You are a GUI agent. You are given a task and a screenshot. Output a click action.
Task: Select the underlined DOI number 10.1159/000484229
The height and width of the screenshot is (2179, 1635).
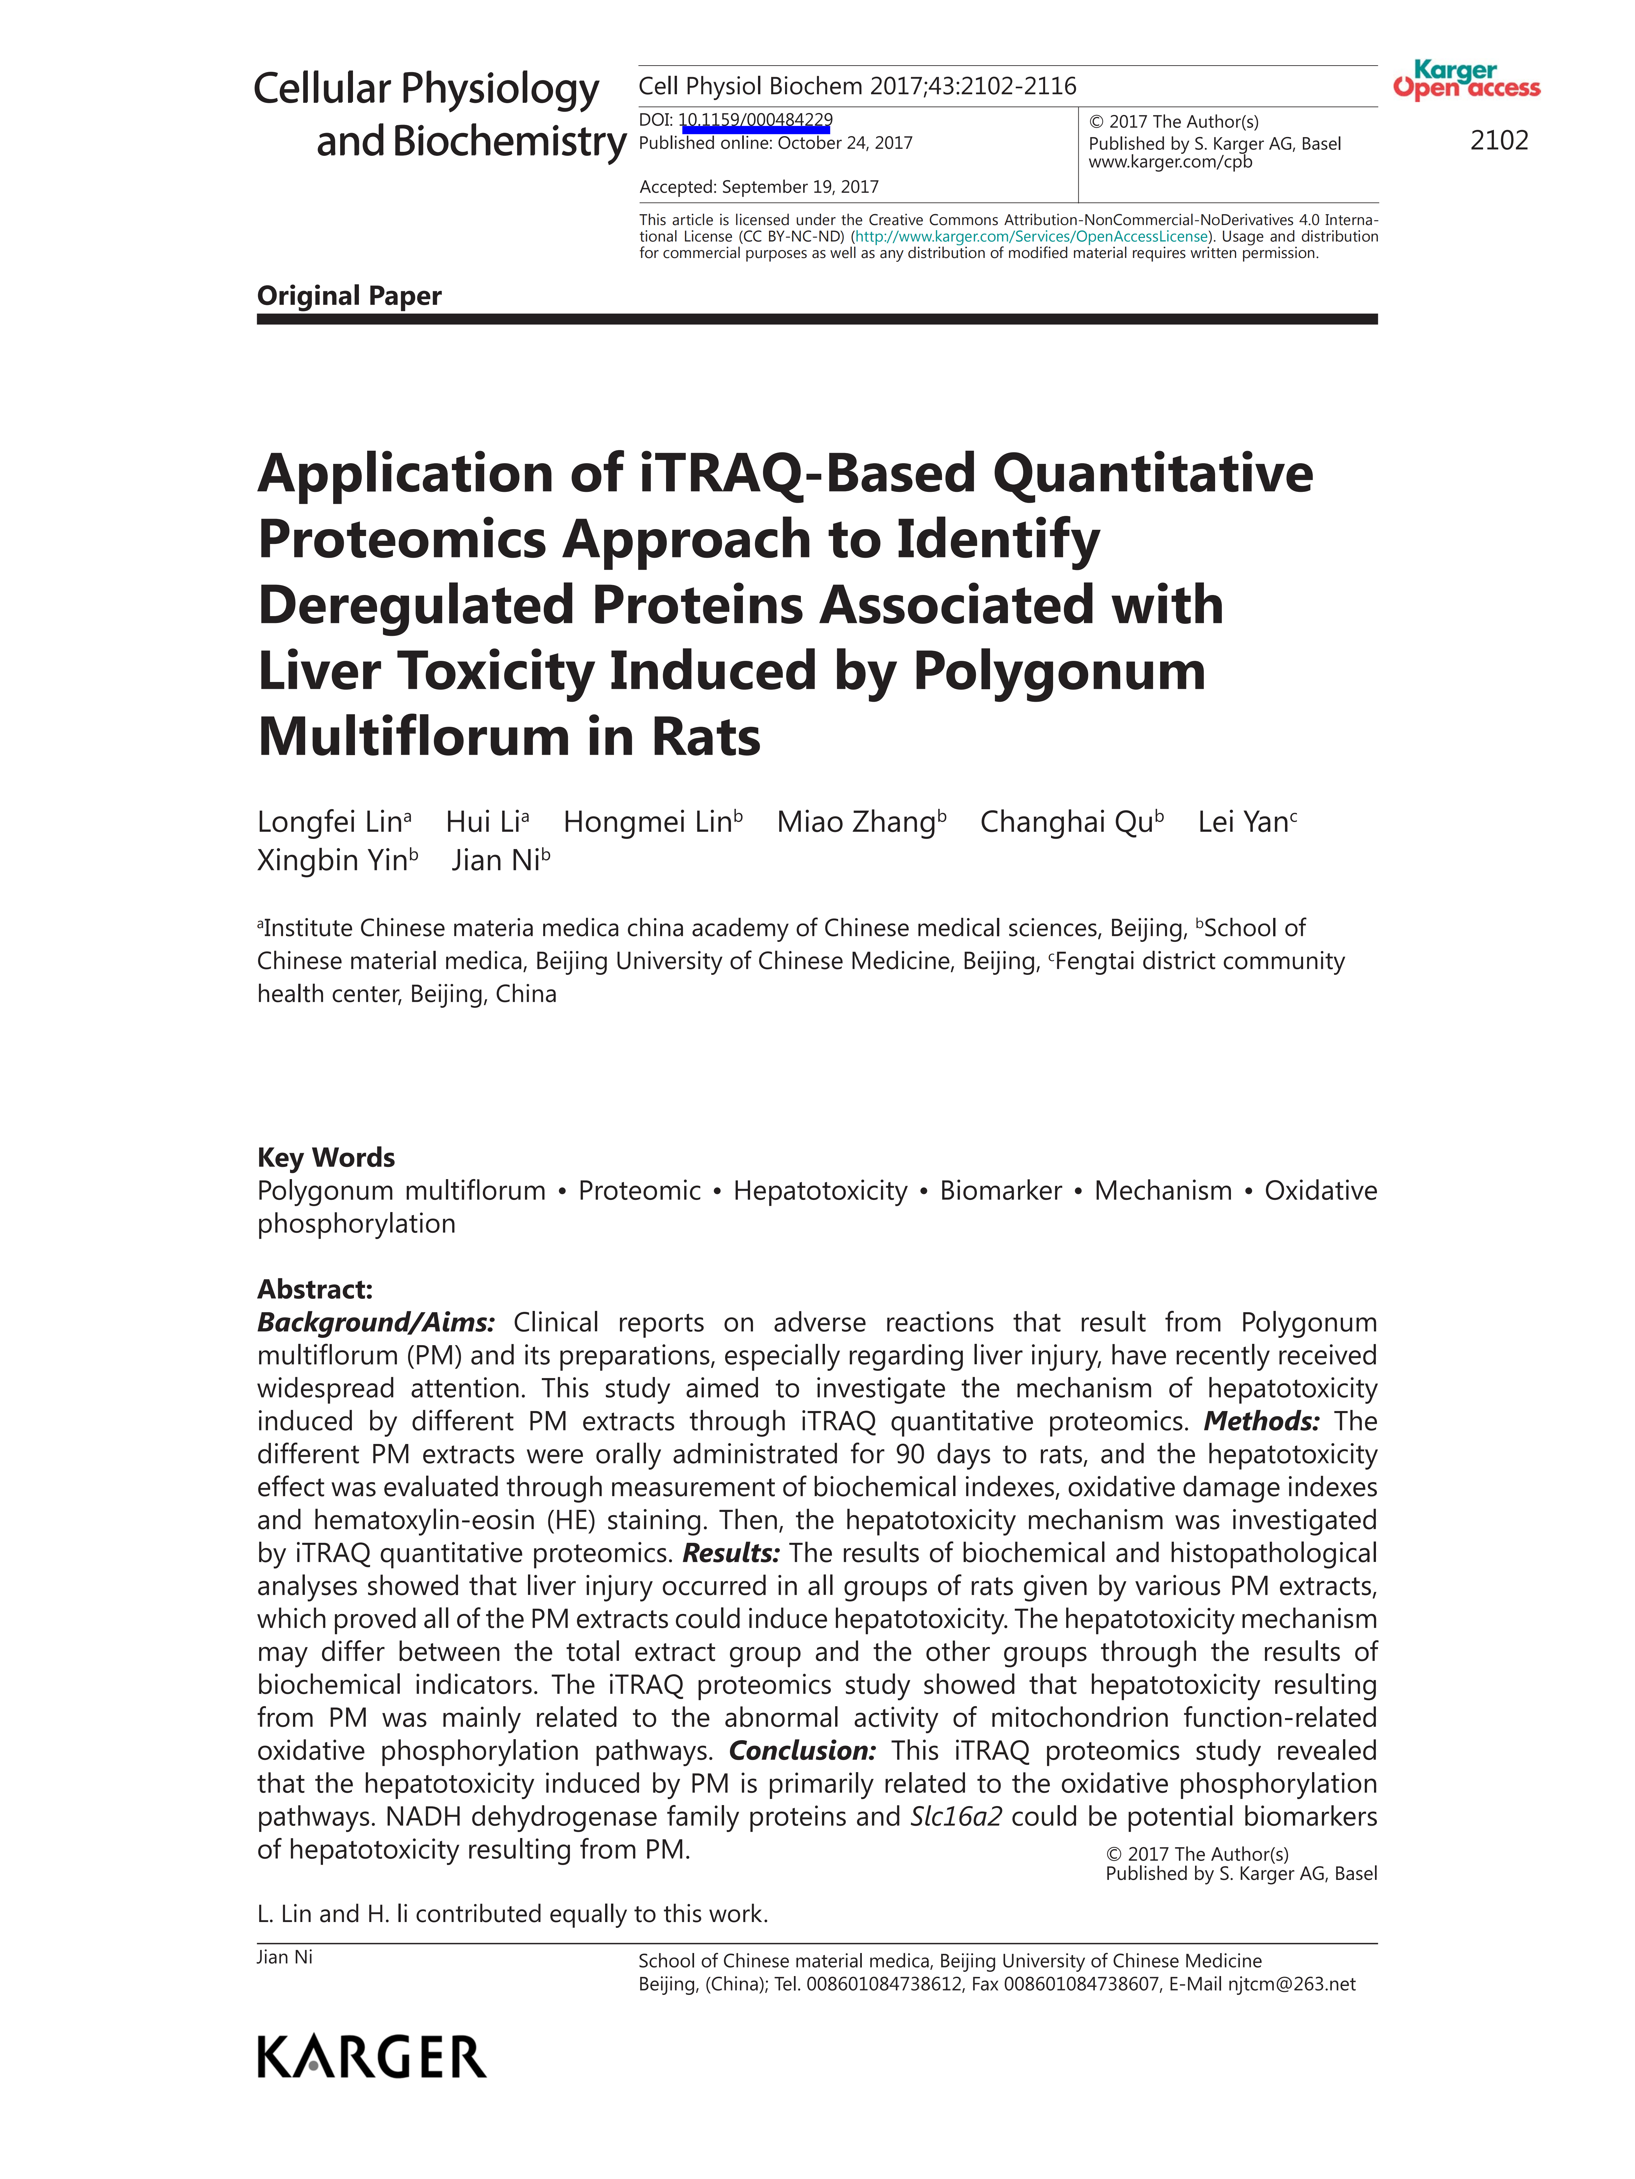pyautogui.click(x=755, y=120)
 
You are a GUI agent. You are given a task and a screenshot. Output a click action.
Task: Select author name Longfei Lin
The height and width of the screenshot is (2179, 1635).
pyautogui.click(x=330, y=822)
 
